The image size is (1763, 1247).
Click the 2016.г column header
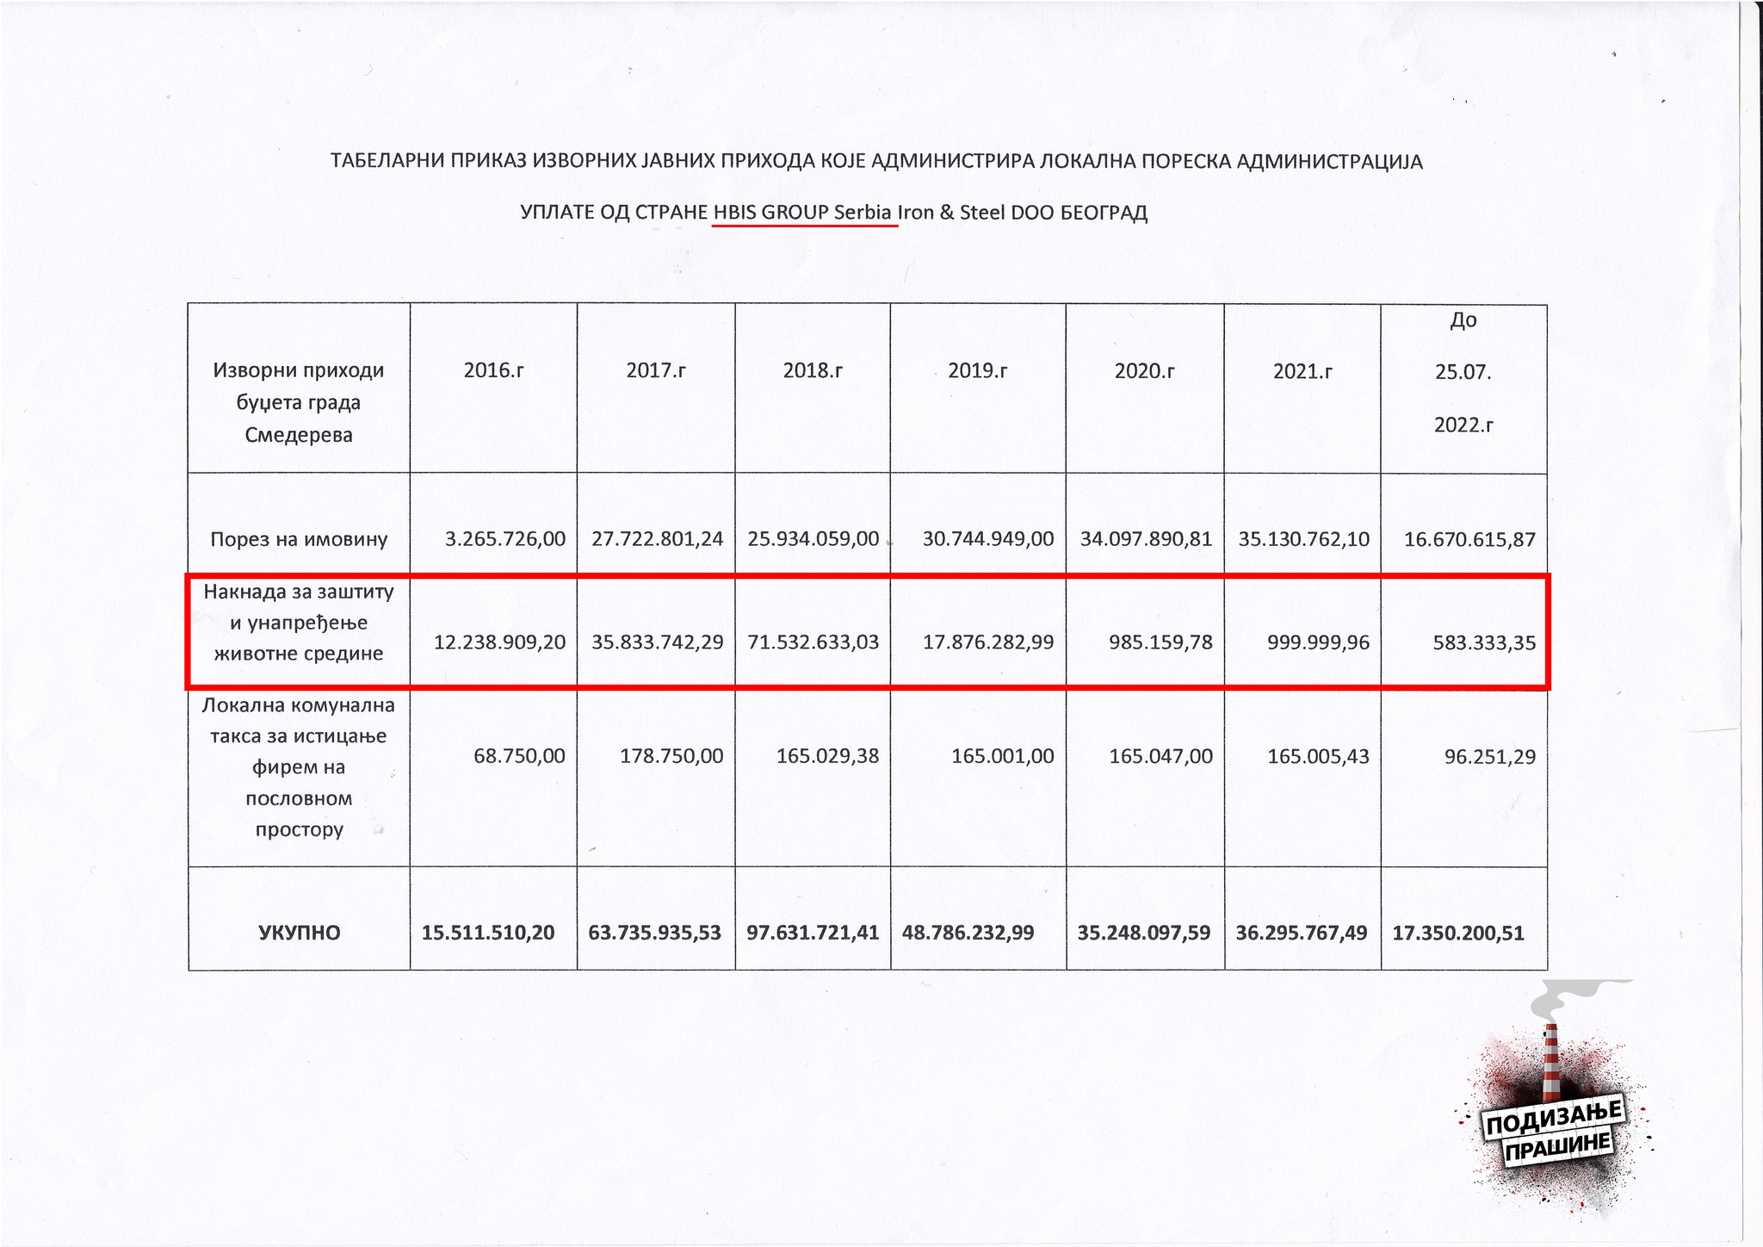493,371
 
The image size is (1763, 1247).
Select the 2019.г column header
977,371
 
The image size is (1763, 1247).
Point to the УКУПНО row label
299,933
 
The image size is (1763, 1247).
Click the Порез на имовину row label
299,540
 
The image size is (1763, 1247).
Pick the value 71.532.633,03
813,642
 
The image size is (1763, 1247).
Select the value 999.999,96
1318,642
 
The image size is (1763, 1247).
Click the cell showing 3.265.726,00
505,540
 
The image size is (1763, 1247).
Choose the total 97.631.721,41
813,933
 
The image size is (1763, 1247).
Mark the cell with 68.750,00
519,757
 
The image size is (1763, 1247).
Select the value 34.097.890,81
1146,540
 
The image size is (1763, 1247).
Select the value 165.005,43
1318,757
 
